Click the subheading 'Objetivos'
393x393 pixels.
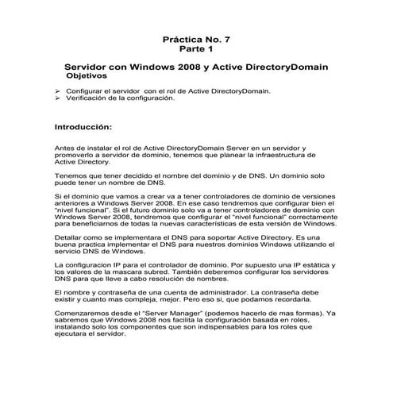[x=90, y=79]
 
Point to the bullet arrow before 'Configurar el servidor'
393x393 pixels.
[x=57, y=92]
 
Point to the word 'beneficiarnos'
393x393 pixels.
[x=90, y=225]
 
